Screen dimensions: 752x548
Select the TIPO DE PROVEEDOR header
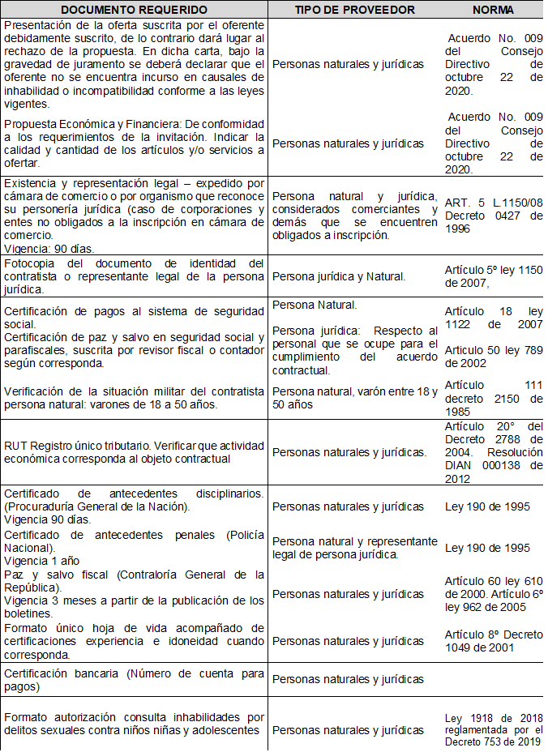coord(355,10)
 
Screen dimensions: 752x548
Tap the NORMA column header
coord(493,10)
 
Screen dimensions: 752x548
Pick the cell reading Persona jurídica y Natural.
coord(339,276)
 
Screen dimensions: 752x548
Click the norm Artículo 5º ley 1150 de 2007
coord(493,276)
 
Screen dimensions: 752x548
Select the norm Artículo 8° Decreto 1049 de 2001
coord(493,640)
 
